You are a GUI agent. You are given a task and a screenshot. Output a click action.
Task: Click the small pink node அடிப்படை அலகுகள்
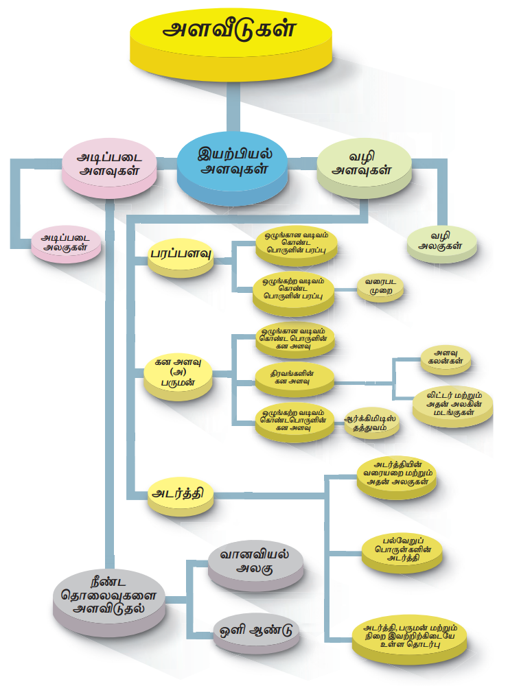pos(67,244)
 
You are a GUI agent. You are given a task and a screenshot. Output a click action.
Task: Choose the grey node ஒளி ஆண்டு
pos(255,628)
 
